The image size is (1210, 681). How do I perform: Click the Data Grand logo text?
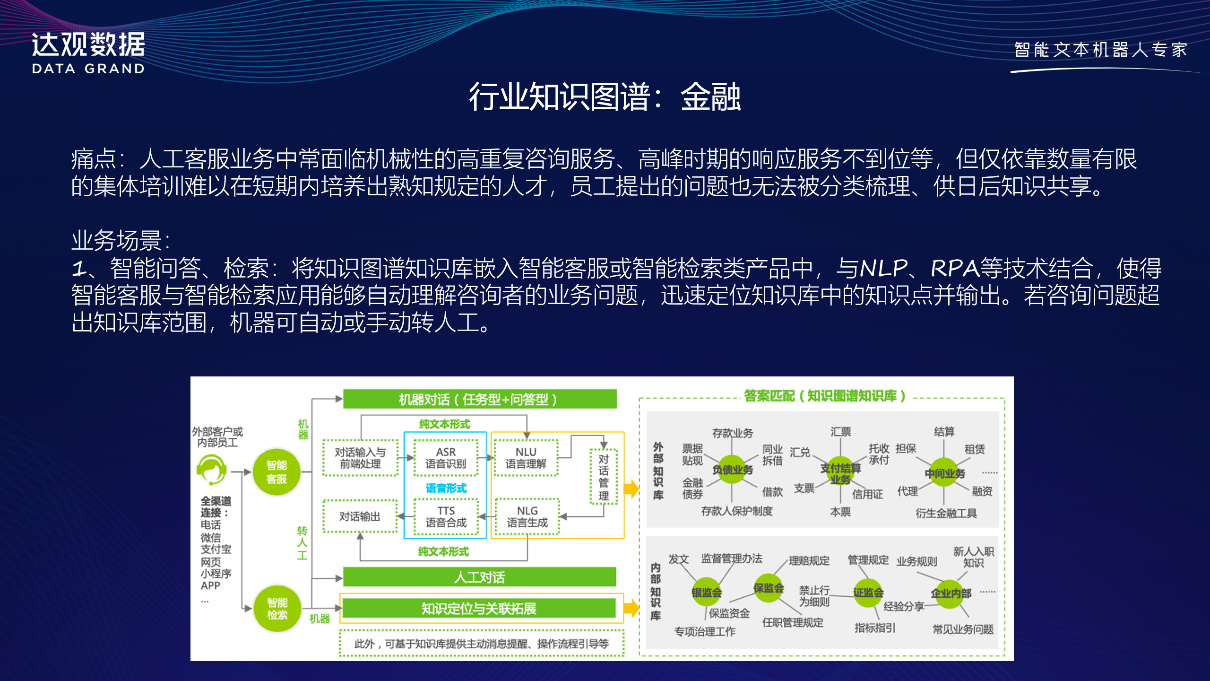tap(88, 52)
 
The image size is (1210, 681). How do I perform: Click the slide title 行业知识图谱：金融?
tap(605, 97)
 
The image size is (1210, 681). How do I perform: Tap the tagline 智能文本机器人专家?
tap(1101, 50)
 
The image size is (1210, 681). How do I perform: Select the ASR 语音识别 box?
tap(446, 458)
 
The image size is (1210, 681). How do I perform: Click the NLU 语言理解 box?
tap(526, 458)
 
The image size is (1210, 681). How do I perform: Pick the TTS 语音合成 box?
tap(446, 516)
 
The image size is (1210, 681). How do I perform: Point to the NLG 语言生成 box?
tap(527, 516)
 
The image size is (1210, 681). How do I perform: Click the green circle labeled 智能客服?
tap(277, 472)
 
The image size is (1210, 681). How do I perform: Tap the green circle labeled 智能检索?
tap(277, 609)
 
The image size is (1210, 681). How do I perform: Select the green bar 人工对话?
tap(479, 577)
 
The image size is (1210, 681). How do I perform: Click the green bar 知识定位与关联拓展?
tap(479, 608)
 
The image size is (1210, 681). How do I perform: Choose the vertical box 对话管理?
tap(604, 477)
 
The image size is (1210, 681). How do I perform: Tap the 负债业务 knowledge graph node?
tap(732, 470)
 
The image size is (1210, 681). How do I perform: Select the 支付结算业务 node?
tap(840, 473)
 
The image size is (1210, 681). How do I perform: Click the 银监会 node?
tap(707, 592)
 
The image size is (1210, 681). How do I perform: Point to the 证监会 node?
tap(868, 592)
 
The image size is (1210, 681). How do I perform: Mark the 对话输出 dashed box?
tap(360, 516)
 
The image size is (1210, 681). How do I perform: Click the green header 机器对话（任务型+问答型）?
tap(479, 399)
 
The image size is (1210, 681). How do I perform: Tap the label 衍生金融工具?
tap(946, 513)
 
